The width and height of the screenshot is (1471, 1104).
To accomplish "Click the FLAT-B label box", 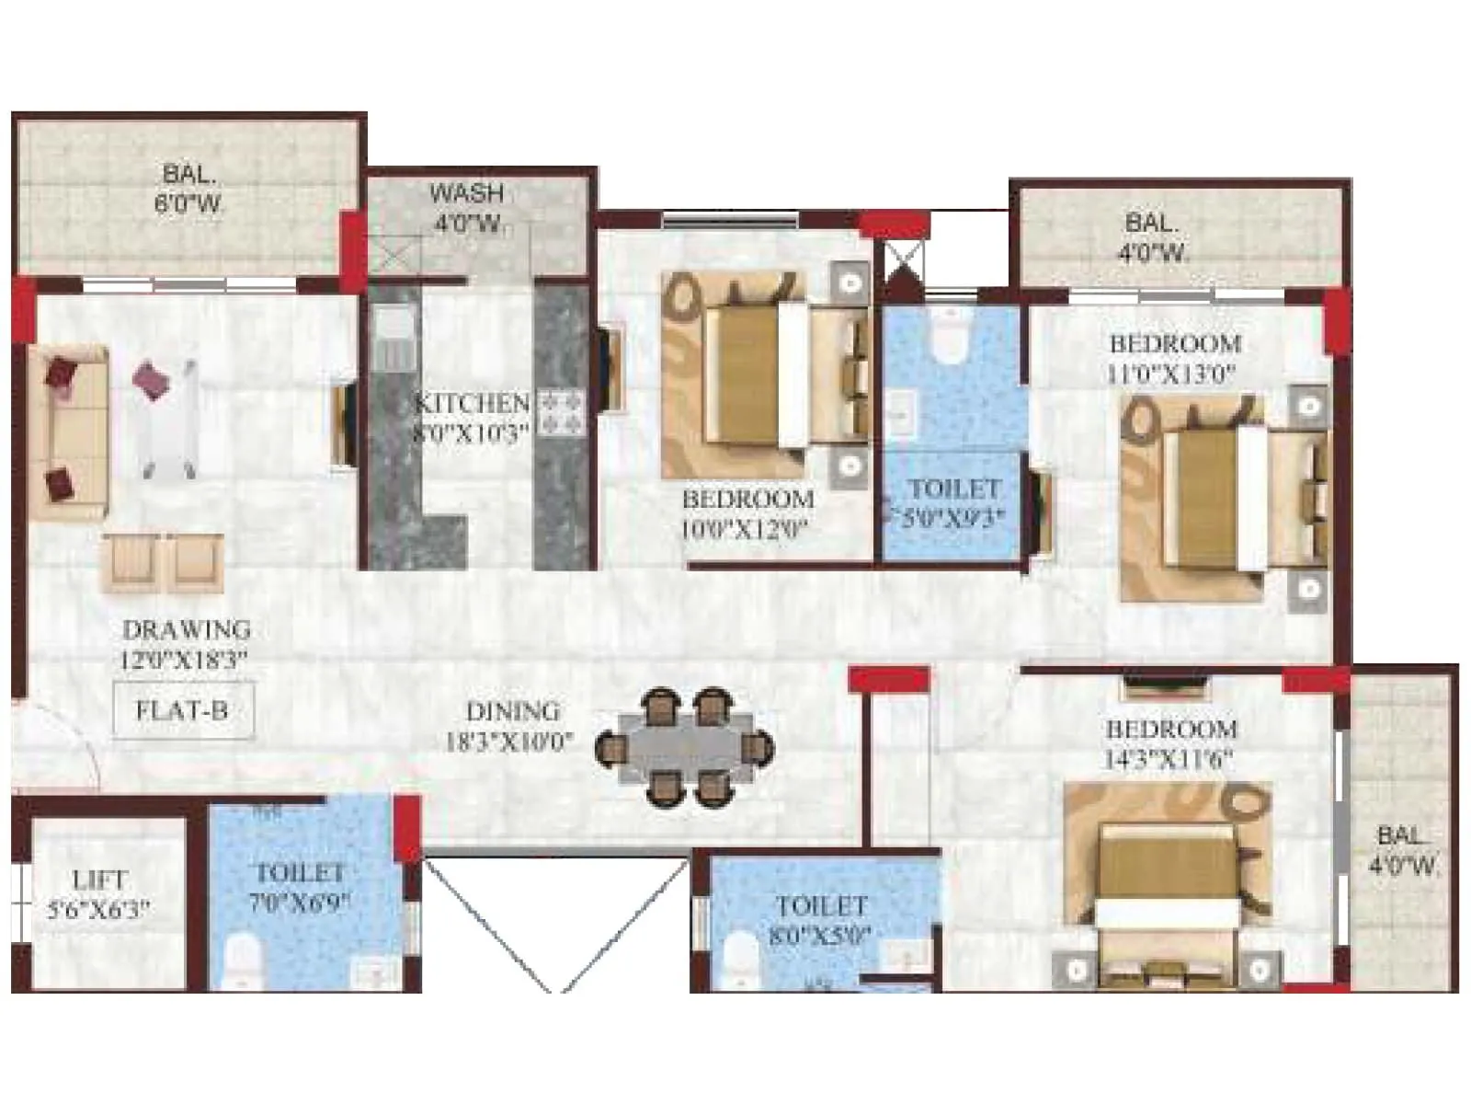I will click(x=182, y=710).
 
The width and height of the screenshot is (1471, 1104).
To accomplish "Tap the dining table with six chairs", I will click(x=685, y=747).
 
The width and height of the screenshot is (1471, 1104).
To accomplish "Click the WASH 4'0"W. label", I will click(x=467, y=207).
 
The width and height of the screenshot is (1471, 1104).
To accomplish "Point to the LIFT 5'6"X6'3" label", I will click(x=98, y=894).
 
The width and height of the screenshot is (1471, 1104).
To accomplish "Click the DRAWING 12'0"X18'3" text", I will click(x=186, y=644).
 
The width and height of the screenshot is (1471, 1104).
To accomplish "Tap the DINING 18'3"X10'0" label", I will click(x=511, y=725).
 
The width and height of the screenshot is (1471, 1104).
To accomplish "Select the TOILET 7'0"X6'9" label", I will click(x=300, y=886).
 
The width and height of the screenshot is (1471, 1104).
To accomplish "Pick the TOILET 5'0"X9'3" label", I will click(x=953, y=502).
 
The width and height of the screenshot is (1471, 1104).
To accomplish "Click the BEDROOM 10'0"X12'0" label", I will click(x=747, y=513).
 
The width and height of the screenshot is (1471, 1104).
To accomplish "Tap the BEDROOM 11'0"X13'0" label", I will click(x=1174, y=358).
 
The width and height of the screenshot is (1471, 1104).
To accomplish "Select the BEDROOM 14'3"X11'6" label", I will click(x=1170, y=743).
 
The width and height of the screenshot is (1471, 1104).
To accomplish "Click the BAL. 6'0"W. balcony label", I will click(x=189, y=188).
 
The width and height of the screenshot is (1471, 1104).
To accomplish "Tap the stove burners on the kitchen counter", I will click(x=562, y=411).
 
